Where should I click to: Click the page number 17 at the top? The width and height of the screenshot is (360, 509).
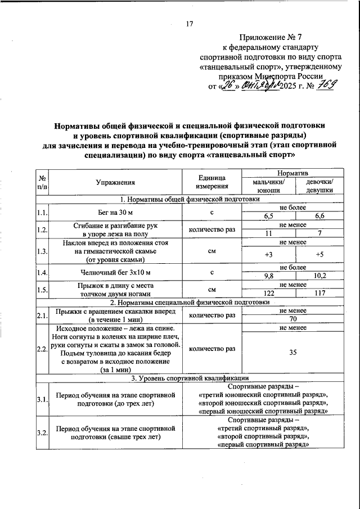pyautogui.click(x=189, y=23)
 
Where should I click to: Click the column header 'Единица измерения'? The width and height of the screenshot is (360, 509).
pyautogui.click(x=211, y=182)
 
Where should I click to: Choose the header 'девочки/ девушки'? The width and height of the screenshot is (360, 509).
pyautogui.click(x=319, y=186)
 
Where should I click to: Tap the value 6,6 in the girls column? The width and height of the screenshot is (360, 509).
pyautogui.click(x=319, y=215)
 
